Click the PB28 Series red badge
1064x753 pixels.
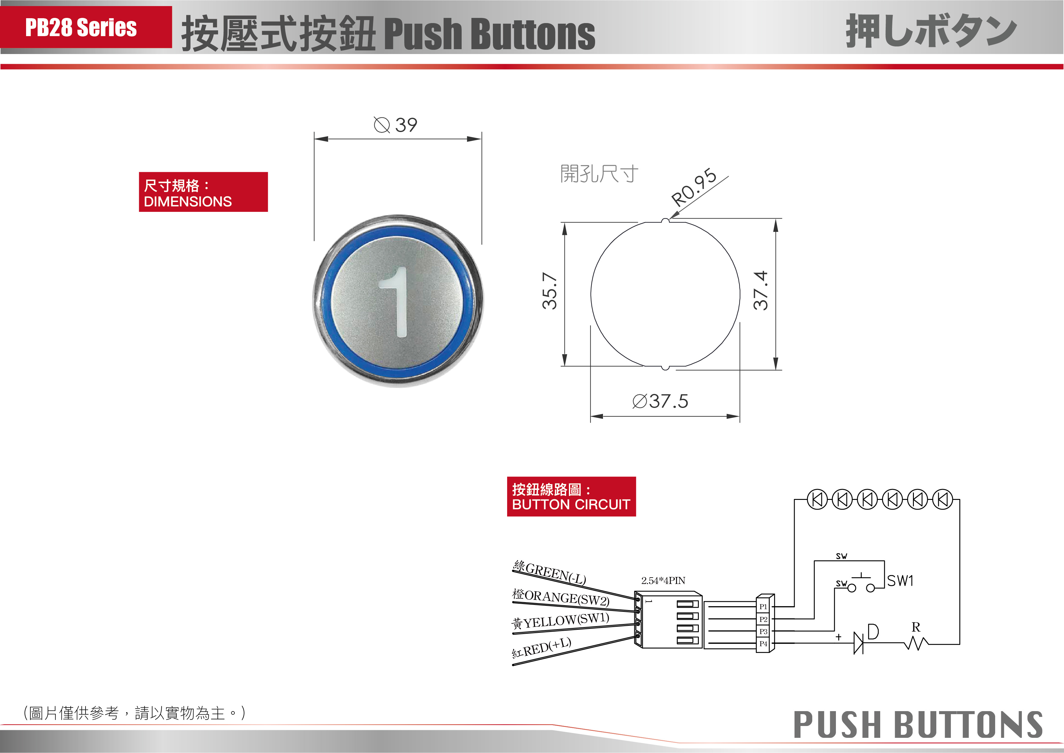pos(86,27)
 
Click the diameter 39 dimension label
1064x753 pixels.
pos(395,125)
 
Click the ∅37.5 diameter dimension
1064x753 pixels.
pos(660,401)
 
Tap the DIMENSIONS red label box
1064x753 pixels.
pos(204,192)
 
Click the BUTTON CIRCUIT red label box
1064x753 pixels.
pos(571,496)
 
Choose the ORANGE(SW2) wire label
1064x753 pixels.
pos(561,597)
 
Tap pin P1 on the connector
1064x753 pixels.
pos(763,606)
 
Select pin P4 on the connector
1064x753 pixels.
pos(763,643)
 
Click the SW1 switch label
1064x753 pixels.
pos(900,581)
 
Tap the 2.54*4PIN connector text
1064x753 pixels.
pos(663,581)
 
